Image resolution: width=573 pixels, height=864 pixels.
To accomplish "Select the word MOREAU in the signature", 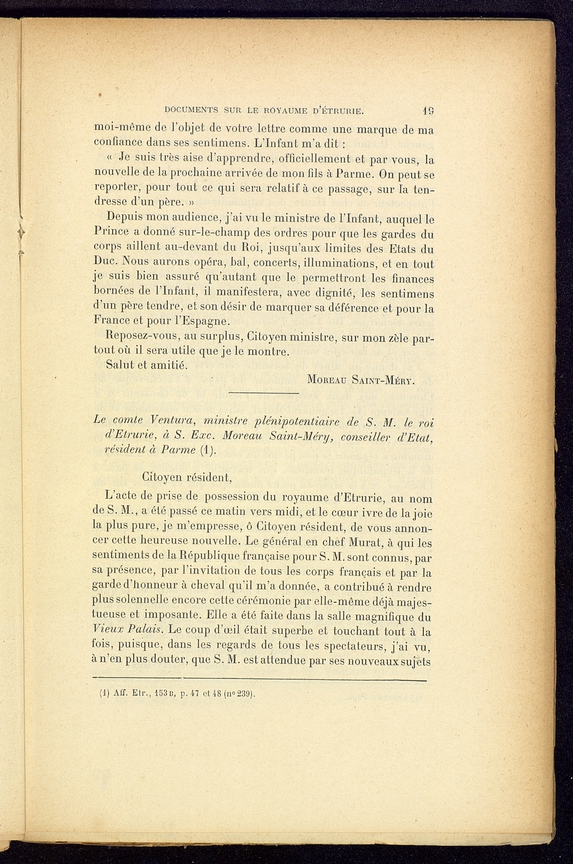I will pos(329,379).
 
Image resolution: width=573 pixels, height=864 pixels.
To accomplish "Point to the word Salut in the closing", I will pos(120,365).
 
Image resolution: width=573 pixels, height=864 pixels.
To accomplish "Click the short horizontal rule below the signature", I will pos(263,393).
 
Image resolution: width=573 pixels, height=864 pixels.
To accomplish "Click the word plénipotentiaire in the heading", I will pos(295,421).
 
